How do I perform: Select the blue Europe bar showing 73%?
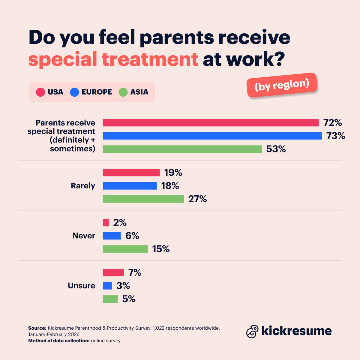pyautogui.click(x=212, y=136)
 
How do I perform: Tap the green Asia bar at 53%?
pyautogui.click(x=182, y=149)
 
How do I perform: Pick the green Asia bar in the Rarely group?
pyautogui.click(x=143, y=199)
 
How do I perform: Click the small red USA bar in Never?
pyautogui.click(x=106, y=223)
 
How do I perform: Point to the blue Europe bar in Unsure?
pyautogui.click(x=107, y=286)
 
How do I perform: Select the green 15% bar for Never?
pyautogui.click(x=125, y=249)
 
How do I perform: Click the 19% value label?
pyautogui.click(x=173, y=173)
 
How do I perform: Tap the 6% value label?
pyautogui.click(x=132, y=236)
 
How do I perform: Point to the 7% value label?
pyautogui.click(x=135, y=272)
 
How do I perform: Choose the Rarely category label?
pyautogui.click(x=83, y=186)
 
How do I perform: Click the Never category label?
pyautogui.click(x=84, y=236)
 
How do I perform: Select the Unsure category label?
pyautogui.click(x=81, y=286)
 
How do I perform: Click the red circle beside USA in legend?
pyautogui.click(x=40, y=92)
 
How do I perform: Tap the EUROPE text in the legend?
pyautogui.click(x=97, y=92)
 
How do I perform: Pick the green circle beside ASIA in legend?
pyautogui.click(x=123, y=92)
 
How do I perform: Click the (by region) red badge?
pyautogui.click(x=282, y=85)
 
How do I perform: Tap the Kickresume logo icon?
pyautogui.click(x=252, y=331)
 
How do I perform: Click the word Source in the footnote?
pyautogui.click(x=37, y=328)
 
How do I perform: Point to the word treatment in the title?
pyautogui.click(x=150, y=59)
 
